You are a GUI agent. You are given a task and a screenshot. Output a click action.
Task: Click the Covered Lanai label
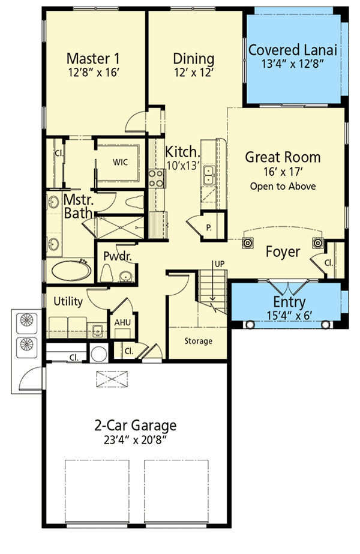click(293, 50)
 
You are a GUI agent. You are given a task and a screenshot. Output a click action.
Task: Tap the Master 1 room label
click(93, 59)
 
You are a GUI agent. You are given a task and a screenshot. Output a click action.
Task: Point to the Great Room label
click(283, 157)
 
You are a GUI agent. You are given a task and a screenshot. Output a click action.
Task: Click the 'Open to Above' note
click(283, 186)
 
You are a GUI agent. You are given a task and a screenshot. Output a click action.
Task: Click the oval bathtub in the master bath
click(70, 271)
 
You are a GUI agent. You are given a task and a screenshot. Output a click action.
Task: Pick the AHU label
click(122, 322)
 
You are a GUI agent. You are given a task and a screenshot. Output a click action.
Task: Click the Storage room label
click(198, 341)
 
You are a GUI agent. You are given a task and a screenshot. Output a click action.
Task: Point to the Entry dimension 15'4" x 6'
click(289, 314)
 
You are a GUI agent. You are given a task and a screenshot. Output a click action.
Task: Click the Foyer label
click(283, 252)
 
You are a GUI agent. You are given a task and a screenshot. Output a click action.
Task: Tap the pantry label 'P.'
click(209, 227)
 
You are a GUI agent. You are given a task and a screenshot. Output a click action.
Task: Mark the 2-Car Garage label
click(136, 426)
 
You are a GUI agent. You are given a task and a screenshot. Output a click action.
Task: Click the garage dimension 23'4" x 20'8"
click(136, 439)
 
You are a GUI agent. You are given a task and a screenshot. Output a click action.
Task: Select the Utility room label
click(68, 301)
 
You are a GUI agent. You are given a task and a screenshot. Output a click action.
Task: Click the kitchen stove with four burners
click(157, 178)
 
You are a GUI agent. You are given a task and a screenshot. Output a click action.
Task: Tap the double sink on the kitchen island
click(209, 175)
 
